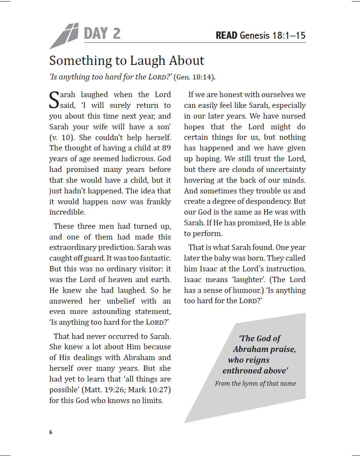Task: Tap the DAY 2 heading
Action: click(102, 34)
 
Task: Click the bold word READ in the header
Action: click(226, 36)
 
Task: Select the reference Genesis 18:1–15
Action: click(272, 36)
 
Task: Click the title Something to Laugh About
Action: click(127, 61)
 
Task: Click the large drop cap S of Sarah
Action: click(54, 99)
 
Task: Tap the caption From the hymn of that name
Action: click(255, 383)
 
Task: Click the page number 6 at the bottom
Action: click(51, 433)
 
